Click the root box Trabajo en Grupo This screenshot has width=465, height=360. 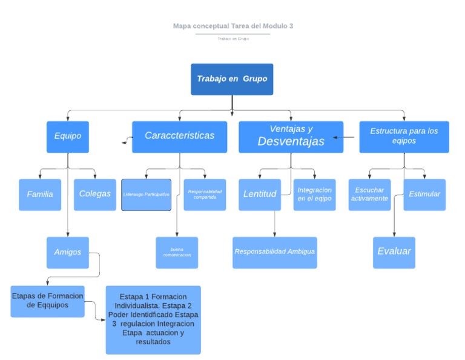click(x=232, y=79)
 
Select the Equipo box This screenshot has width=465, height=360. click(x=67, y=136)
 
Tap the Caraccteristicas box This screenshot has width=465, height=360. click(x=179, y=136)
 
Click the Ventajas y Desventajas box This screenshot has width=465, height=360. click(x=291, y=136)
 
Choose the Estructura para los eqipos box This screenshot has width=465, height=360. click(x=404, y=136)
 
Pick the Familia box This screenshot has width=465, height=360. click(x=40, y=195)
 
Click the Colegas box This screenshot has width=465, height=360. click(x=95, y=195)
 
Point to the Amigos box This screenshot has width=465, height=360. click(x=67, y=252)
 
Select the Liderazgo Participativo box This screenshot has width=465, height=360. click(x=146, y=195)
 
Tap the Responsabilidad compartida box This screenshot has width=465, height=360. click(x=205, y=195)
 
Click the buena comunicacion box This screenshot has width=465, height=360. click(x=177, y=252)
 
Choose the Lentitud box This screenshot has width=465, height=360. click(x=260, y=195)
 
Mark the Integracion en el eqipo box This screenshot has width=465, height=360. click(x=315, y=195)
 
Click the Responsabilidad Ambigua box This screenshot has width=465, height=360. click(x=275, y=252)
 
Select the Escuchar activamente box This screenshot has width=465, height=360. click(x=369, y=195)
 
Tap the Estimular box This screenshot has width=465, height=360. click(x=424, y=195)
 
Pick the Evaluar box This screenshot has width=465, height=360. click(x=394, y=252)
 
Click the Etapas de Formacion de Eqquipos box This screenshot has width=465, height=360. click(x=48, y=301)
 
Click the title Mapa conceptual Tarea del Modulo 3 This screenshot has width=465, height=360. click(x=233, y=26)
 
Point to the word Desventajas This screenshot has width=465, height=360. click(x=291, y=142)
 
